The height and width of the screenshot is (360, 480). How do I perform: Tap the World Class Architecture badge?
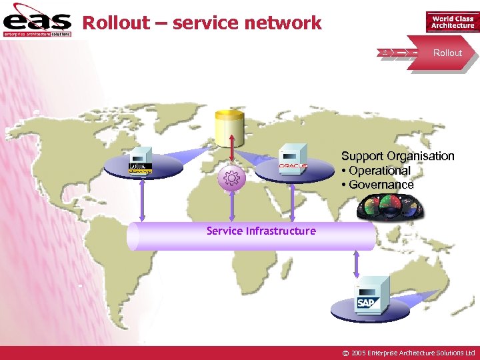(453, 22)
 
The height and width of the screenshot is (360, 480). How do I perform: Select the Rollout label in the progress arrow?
(447, 53)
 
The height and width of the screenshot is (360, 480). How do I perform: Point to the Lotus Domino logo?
(141, 168)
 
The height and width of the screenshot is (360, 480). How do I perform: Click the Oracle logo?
(293, 165)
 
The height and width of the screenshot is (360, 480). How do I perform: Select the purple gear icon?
(231, 178)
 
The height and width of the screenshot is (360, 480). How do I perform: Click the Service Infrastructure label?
(261, 231)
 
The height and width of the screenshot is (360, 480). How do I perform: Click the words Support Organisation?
(397, 156)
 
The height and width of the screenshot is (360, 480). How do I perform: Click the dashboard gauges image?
(391, 207)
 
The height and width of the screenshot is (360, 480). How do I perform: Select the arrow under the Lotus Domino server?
(142, 201)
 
